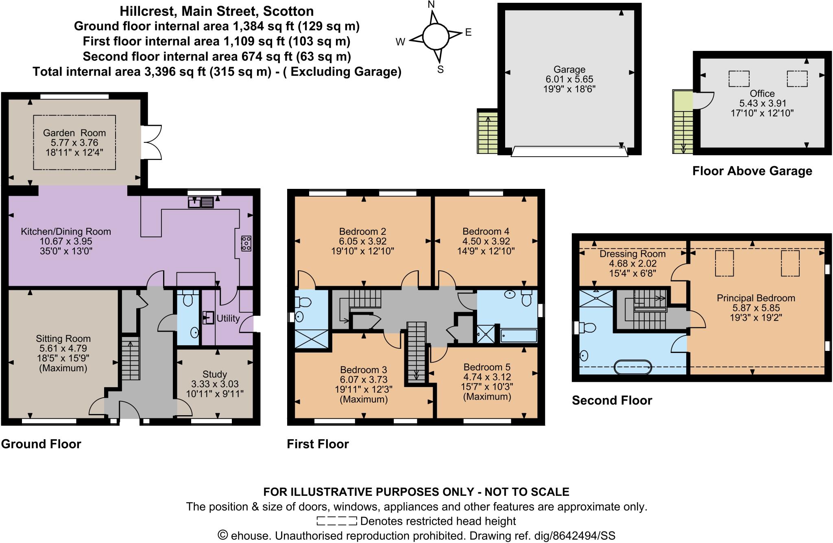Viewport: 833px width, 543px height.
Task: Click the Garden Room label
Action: pyautogui.click(x=74, y=133)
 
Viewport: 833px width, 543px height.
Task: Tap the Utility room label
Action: pyautogui.click(x=228, y=318)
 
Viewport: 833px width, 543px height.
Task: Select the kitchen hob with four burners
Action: pyautogui.click(x=246, y=243)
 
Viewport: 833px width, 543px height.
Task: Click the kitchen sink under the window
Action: pyautogui.click(x=201, y=202)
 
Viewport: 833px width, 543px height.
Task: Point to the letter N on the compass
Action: pyautogui.click(x=432, y=4)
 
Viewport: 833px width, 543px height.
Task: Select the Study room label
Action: pyautogui.click(x=214, y=374)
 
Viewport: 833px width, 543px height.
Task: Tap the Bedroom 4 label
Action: pyautogui.click(x=486, y=231)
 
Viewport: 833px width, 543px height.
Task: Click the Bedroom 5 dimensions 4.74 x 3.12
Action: pyautogui.click(x=487, y=377)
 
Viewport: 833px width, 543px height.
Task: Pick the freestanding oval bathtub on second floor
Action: pyautogui.click(x=633, y=367)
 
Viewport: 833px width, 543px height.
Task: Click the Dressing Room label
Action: pyautogui.click(x=632, y=254)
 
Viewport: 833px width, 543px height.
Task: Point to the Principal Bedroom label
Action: pyautogui.click(x=756, y=298)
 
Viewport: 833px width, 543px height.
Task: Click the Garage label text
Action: pyautogui.click(x=569, y=70)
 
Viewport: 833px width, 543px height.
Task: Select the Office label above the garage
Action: pyautogui.click(x=762, y=94)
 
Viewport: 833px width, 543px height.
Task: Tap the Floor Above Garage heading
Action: pyautogui.click(x=752, y=171)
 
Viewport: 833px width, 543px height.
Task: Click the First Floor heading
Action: pyautogui.click(x=318, y=444)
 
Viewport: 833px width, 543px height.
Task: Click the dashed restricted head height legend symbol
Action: pyautogui.click(x=336, y=521)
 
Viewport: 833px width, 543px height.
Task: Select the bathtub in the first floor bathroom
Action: pyautogui.click(x=518, y=336)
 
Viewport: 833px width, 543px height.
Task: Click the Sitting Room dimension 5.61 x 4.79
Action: pyautogui.click(x=63, y=348)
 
